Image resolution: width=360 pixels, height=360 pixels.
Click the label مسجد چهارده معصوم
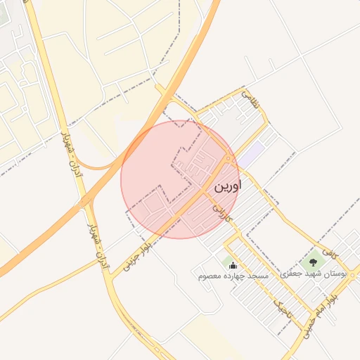[x=234, y=276]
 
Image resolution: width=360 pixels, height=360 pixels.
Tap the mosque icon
[x=233, y=265]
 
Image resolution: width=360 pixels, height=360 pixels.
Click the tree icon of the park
[x=314, y=262]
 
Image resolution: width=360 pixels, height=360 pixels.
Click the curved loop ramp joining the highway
[x=98, y=159]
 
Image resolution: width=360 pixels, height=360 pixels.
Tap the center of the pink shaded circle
[x=180, y=179]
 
